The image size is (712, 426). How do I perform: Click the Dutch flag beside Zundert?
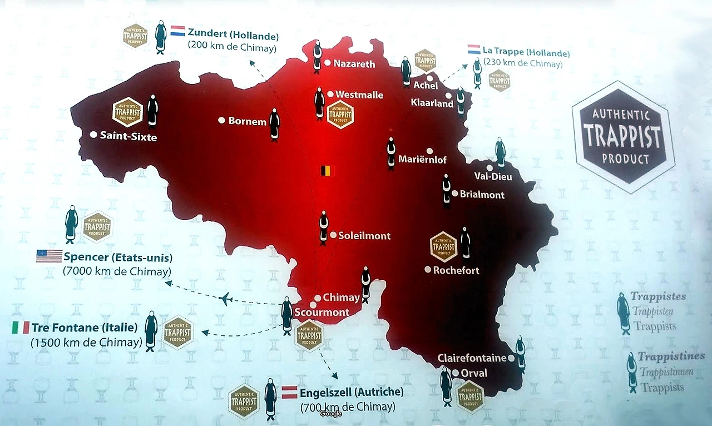coord(177,31)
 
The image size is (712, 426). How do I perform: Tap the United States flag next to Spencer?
coord(49,256)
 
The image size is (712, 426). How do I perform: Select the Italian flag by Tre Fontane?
coord(21,328)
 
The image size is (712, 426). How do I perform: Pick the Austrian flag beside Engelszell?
coord(289,392)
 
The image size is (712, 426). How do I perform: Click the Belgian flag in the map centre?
coord(327,171)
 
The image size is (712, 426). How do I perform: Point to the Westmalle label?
coord(359,95)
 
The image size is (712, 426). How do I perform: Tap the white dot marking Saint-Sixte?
coord(93,135)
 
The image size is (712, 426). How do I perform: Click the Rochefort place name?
coord(456,270)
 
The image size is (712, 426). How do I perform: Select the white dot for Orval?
coord(456,373)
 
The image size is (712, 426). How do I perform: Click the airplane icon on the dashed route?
coord(225,299)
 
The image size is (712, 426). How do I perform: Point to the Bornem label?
coord(247,121)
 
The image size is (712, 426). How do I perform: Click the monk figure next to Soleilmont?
coord(324,227)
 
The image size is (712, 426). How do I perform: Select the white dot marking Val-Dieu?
coord(489,168)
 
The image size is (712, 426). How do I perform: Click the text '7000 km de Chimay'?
coord(117,271)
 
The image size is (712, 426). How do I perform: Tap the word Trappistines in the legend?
coord(671,356)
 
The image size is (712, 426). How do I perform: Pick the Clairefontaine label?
coord(472,358)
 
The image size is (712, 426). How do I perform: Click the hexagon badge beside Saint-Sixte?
coord(127,112)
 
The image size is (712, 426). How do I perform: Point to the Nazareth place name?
coord(354,64)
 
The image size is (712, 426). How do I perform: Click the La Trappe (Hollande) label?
coord(526,53)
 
